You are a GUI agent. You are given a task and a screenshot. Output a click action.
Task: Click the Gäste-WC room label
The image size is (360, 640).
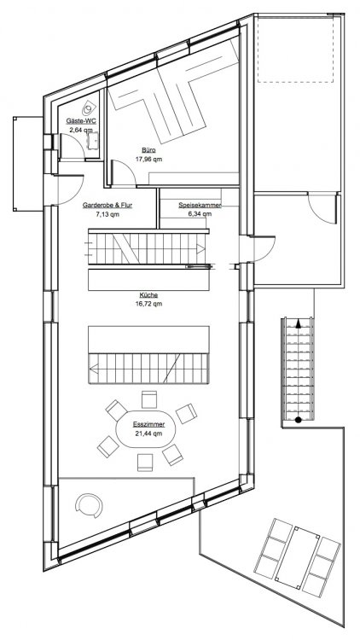[81, 121]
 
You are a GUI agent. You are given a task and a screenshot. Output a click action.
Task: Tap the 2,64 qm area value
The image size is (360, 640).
[80, 131]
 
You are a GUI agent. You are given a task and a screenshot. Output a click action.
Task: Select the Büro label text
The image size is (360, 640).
[148, 150]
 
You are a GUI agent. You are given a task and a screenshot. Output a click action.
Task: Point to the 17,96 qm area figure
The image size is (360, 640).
[148, 160]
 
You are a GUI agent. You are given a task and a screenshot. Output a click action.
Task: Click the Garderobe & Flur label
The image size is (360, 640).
[107, 206]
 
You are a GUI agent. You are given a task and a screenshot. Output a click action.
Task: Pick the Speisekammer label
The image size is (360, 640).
[200, 206]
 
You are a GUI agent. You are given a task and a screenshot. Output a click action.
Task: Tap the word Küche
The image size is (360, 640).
[148, 294]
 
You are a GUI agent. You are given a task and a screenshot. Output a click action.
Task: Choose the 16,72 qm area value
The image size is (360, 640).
[148, 304]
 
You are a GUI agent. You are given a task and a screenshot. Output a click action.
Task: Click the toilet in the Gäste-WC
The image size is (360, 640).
[88, 108]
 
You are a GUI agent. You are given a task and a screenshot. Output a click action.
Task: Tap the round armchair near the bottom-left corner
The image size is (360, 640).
[89, 506]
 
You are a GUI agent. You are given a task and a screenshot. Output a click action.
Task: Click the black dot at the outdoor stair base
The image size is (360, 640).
[299, 420]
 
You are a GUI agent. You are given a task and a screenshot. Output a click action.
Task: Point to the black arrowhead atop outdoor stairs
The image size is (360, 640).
[299, 324]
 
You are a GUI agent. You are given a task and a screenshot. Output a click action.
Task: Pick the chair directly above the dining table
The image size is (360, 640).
[149, 399]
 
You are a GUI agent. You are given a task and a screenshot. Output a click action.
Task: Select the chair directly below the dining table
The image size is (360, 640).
[145, 463]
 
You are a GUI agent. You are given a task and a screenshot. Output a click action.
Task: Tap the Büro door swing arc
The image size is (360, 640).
[125, 168]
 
